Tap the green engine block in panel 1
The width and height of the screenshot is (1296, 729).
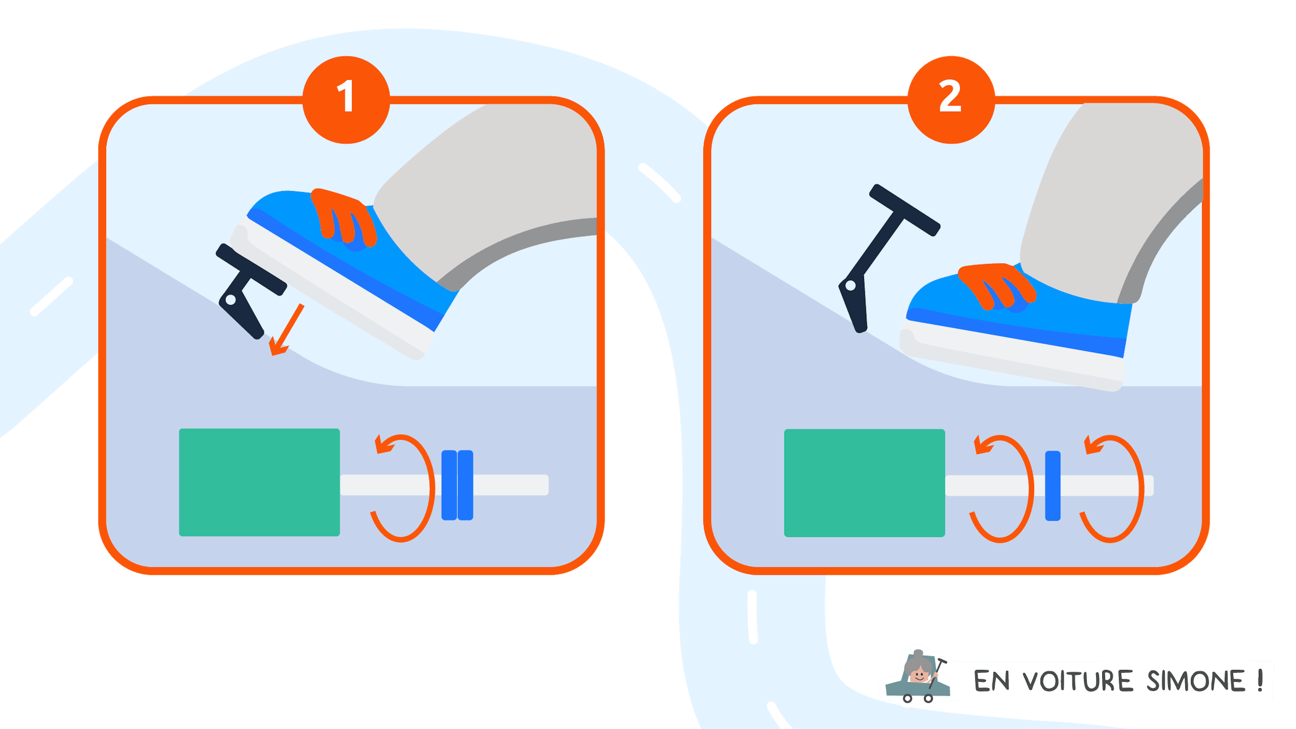click(260, 482)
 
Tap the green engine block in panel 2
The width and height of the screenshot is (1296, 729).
click(864, 483)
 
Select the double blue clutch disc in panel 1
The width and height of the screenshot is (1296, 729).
click(457, 485)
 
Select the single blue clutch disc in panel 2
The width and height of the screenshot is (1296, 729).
click(1053, 486)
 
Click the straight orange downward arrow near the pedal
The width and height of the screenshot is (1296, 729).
click(286, 329)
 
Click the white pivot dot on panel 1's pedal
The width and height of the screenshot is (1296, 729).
click(231, 300)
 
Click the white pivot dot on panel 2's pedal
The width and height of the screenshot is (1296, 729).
click(850, 286)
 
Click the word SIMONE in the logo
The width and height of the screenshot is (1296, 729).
click(1196, 681)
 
